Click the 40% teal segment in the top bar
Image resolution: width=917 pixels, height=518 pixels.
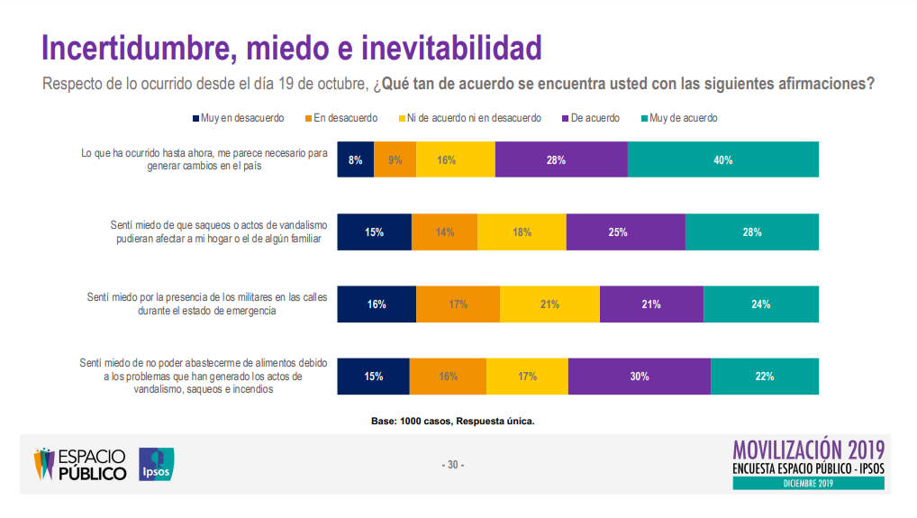click(722, 159)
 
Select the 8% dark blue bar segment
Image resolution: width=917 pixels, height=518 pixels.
click(355, 159)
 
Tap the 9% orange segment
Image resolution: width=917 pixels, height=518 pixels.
click(395, 159)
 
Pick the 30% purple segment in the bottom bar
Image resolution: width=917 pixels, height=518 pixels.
click(639, 376)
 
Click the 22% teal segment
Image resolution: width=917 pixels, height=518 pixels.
click(764, 376)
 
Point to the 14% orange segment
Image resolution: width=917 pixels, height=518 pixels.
click(444, 232)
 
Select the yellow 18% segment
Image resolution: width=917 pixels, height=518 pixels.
click(522, 232)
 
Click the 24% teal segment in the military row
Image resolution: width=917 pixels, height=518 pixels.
click(760, 304)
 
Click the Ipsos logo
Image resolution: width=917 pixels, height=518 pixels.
click(156, 464)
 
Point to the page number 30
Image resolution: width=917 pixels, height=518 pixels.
click(453, 465)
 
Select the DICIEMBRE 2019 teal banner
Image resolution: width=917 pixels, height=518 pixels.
click(808, 484)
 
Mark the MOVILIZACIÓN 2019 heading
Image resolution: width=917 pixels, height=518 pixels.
click(808, 448)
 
